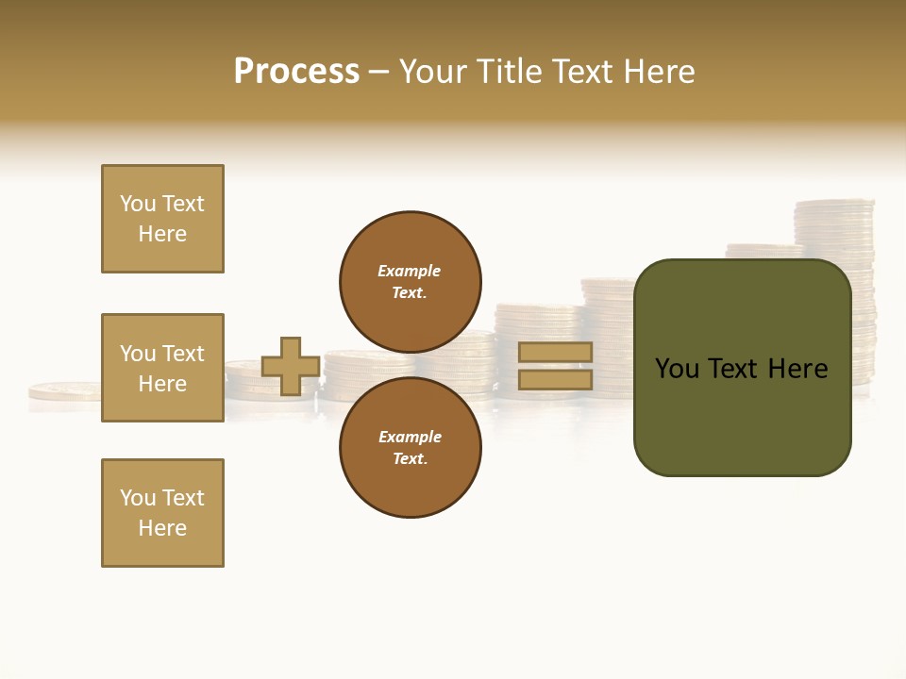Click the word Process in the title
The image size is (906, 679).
pos(296,72)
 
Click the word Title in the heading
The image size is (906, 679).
pos(508,72)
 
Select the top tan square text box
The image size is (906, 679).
pos(162,219)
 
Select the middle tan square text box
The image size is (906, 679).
pos(162,368)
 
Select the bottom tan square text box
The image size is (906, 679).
pos(162,513)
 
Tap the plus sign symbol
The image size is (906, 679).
pos(291,366)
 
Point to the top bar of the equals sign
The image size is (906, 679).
pos(555,353)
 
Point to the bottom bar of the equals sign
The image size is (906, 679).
pos(555,379)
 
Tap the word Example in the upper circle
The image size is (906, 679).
pos(409,271)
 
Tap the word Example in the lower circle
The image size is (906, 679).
pos(410,437)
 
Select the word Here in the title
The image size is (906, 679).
pos(658,72)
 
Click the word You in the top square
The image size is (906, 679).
pos(137,204)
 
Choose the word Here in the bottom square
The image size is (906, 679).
pos(162,528)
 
